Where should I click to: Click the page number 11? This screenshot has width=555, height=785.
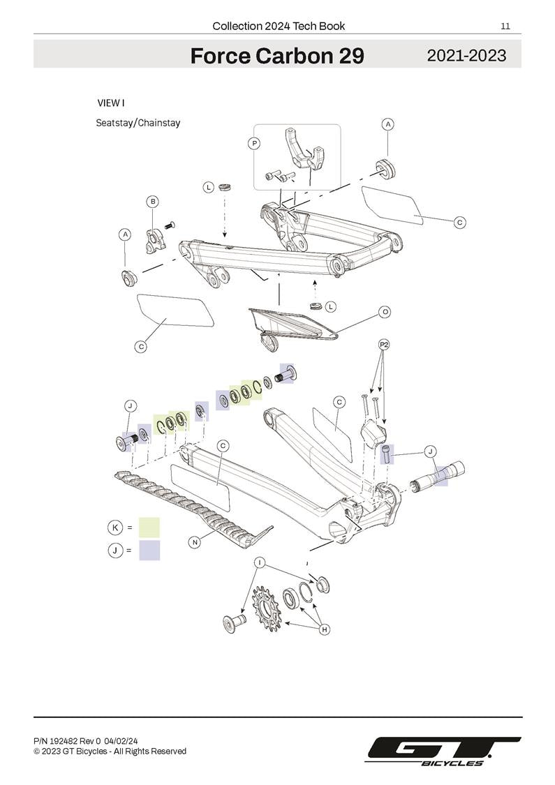505,27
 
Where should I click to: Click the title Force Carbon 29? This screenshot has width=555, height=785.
277,56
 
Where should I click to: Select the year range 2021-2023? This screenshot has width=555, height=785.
466,56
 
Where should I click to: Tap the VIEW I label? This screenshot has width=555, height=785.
111,103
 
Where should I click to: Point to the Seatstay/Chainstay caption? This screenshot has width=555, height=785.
138,123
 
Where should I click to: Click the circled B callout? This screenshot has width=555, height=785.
152,202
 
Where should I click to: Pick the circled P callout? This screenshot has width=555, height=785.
254,143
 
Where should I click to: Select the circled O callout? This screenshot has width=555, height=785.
385,312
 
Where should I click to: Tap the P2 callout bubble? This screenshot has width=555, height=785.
384,345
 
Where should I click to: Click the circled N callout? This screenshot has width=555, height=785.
195,541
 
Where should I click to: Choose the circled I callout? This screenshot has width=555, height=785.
260,562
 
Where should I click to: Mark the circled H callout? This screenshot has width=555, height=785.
325,629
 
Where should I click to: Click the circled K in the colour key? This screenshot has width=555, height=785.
114,527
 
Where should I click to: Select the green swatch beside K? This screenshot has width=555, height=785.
149,527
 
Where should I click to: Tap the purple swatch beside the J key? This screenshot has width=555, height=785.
149,550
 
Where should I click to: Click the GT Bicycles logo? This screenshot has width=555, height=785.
444,751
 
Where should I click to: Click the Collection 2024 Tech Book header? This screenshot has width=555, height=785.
279,27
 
